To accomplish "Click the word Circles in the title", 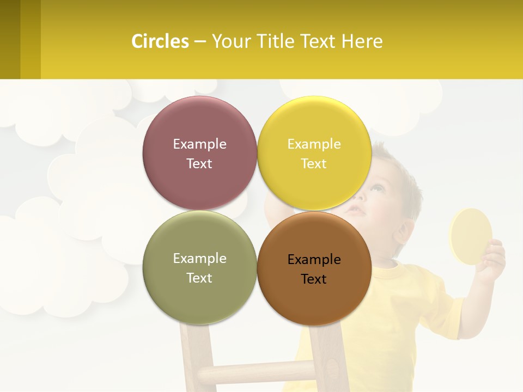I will [160, 41].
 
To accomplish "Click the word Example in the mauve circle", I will [199, 144].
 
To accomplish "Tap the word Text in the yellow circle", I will [314, 164].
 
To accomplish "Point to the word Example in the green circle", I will [199, 259].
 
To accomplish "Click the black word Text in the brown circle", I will [314, 279].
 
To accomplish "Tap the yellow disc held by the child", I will [470, 236].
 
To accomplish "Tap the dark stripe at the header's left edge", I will [10, 39].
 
